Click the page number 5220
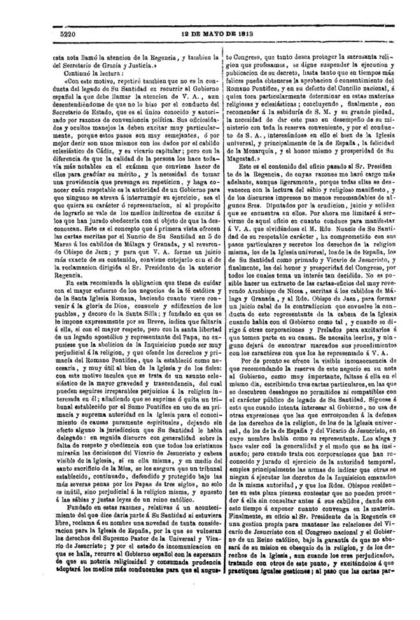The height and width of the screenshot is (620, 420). click(x=67, y=33)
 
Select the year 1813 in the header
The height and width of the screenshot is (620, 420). click(x=253, y=33)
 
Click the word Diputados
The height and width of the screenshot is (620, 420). click(x=269, y=200)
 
